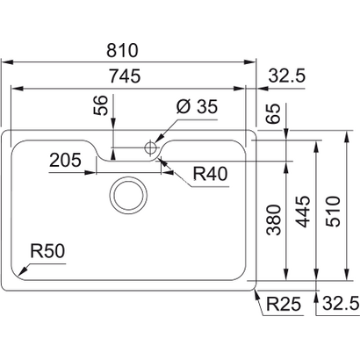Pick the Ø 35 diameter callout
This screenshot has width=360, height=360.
coord(196,107)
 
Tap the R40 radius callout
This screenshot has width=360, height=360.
coord(211,174)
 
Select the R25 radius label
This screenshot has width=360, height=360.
coord(284,305)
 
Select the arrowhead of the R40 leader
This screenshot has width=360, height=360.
coord(159,159)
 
